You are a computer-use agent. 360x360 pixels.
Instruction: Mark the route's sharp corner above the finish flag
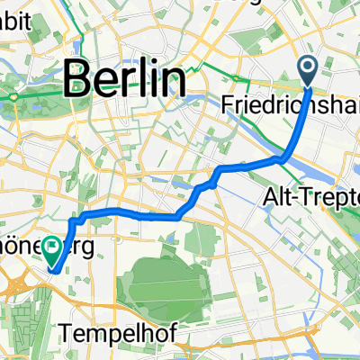(73, 218)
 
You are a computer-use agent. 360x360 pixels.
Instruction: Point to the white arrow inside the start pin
(307, 66)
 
